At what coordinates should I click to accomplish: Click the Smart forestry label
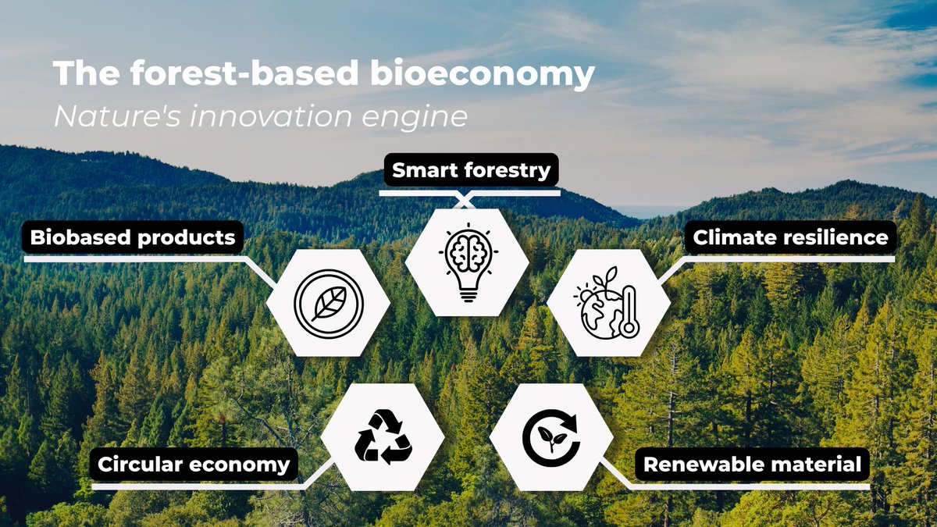(x=471, y=170)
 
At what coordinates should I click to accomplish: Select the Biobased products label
(x=132, y=237)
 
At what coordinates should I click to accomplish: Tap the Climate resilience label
(x=790, y=237)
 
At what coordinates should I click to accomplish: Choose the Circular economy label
(x=194, y=465)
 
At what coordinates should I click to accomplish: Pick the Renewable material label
(x=751, y=465)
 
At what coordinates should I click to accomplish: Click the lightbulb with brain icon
(x=468, y=262)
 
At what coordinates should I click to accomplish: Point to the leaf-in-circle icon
(x=328, y=303)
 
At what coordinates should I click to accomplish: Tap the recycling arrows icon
(x=383, y=437)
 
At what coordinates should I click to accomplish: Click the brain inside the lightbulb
(x=468, y=251)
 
